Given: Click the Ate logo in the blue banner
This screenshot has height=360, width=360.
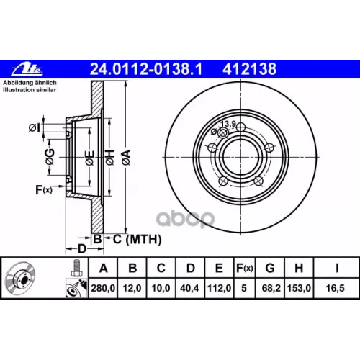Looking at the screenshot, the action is pos(27,69).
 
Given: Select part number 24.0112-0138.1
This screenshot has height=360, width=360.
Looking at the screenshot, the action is pos(146,69).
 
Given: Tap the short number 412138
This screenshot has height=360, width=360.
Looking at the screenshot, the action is pos(249,69).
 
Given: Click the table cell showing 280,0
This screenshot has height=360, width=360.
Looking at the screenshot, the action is pos(103,288).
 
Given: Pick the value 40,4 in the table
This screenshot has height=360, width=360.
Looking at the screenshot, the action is pos(189,288).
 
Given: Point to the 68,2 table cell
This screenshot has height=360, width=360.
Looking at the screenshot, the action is pos(271,288).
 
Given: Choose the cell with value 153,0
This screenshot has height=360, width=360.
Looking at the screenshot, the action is pos(299,288).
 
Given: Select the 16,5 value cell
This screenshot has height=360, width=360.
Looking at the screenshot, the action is pos(336,288).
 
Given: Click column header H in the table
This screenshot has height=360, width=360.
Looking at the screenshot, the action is pos(299,268).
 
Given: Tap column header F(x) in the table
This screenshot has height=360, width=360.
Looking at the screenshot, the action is pos(245,268).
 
